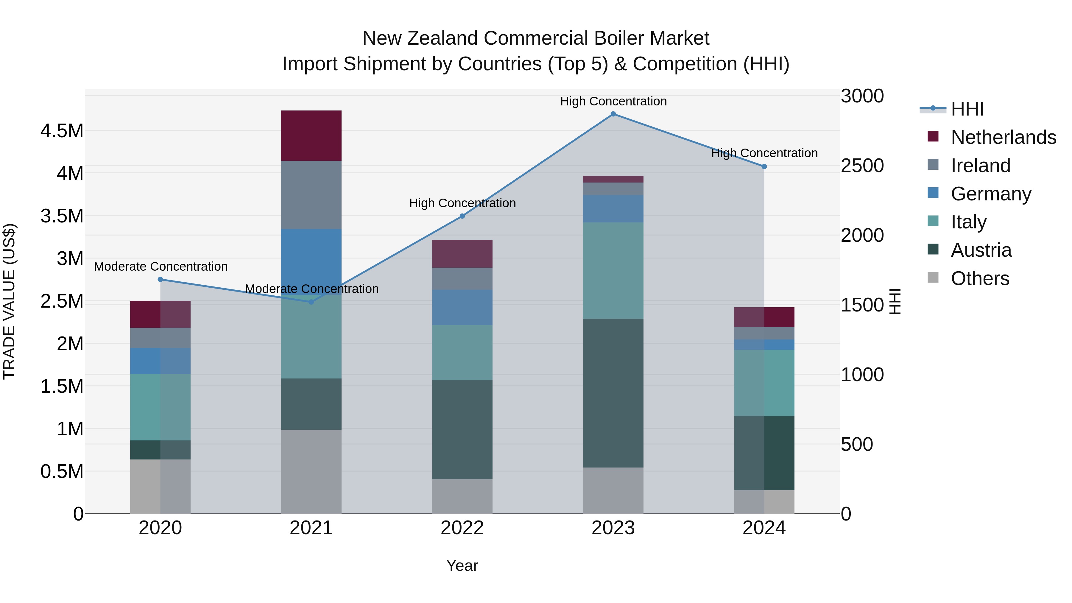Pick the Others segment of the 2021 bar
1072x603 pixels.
click(311, 471)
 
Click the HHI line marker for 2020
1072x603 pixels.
click(160, 279)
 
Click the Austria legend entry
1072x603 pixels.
click(981, 250)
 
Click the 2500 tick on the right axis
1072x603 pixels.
click(862, 166)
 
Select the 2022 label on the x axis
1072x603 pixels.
click(462, 528)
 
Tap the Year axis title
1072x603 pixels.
click(462, 565)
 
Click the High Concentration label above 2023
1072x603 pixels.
click(613, 101)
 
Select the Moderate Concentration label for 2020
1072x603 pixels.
click(161, 266)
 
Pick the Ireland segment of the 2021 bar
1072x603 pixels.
click(311, 194)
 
